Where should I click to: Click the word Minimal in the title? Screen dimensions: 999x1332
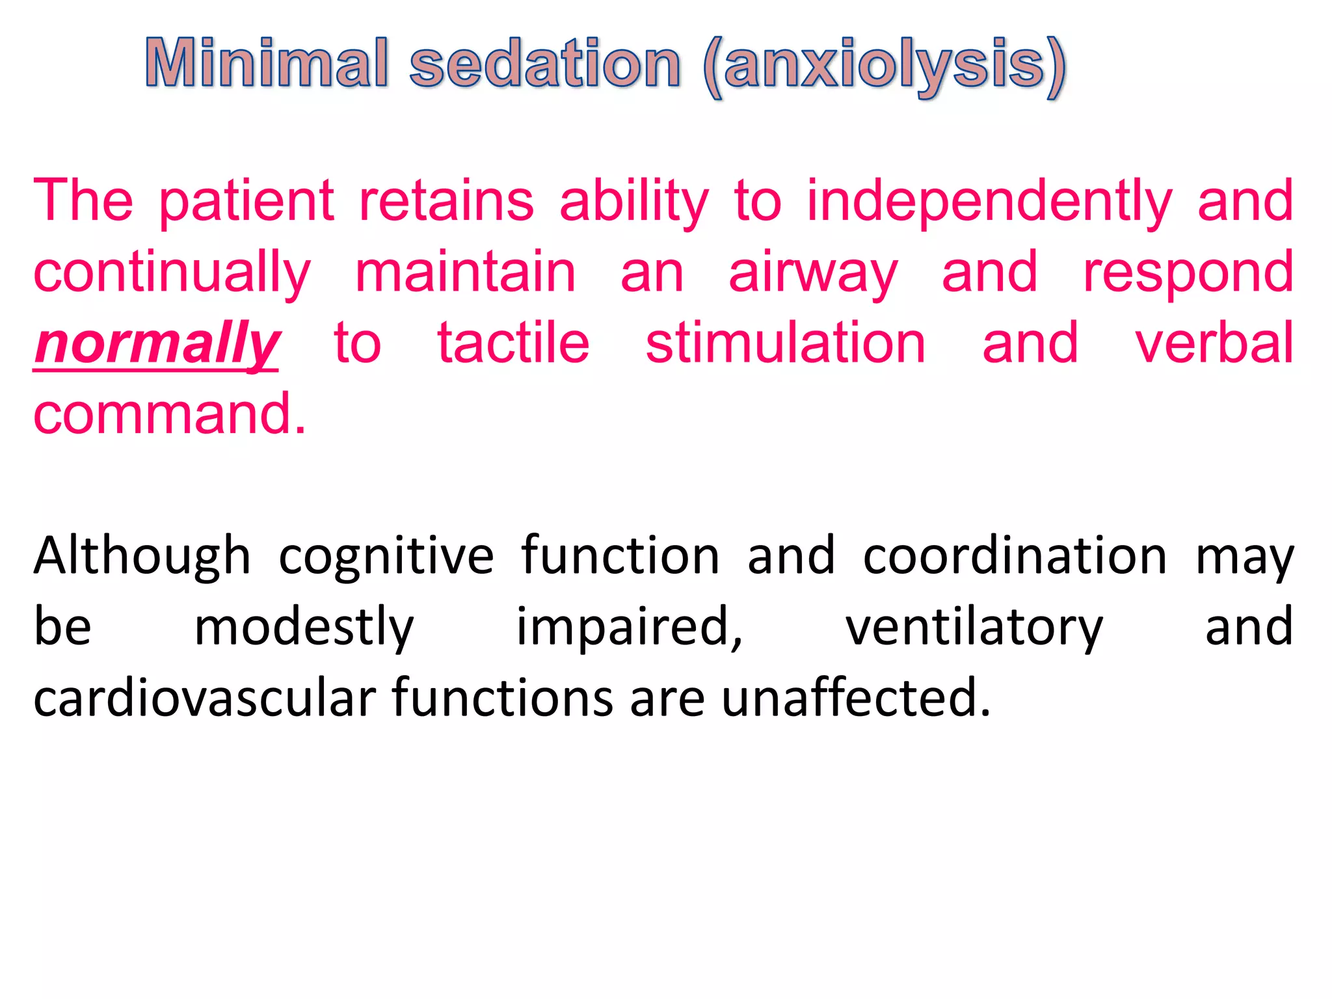(x=267, y=63)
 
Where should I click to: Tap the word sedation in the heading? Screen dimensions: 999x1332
(x=545, y=63)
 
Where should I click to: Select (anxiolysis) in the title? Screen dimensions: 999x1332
(x=885, y=65)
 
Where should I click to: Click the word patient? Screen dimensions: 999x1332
(x=246, y=201)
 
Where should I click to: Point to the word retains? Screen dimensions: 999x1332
(x=446, y=201)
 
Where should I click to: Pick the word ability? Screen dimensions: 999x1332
(x=634, y=202)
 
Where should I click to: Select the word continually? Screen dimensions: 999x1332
(x=172, y=273)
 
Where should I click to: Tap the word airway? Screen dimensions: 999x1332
(x=813, y=273)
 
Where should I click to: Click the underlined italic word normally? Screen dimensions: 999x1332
(x=157, y=345)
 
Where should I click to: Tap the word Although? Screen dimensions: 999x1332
(x=142, y=557)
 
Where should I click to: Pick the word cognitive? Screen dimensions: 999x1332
(x=386, y=557)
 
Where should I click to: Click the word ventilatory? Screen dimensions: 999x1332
(x=974, y=628)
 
